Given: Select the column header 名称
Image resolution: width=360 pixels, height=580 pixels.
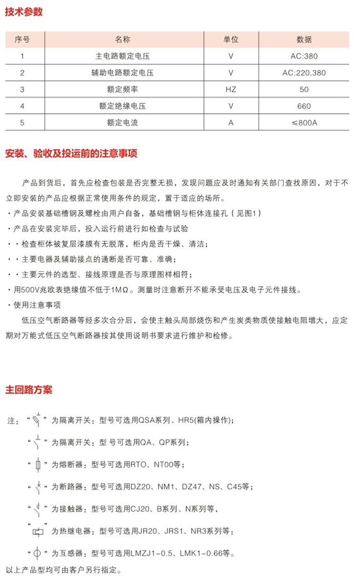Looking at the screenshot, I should pyautogui.click(x=123, y=39).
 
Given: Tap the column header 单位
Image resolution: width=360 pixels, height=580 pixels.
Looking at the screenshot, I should pyautogui.click(x=231, y=39).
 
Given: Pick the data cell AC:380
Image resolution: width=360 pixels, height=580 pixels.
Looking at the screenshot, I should pyautogui.click(x=304, y=56).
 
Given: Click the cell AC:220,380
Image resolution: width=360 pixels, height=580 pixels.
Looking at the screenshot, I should pyautogui.click(x=304, y=73).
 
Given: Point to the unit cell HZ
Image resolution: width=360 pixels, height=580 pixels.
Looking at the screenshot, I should pyautogui.click(x=231, y=89).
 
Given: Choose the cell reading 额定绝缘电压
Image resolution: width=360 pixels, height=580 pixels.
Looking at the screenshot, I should pyautogui.click(x=123, y=106).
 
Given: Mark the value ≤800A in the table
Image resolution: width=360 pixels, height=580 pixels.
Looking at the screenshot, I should pyautogui.click(x=304, y=123).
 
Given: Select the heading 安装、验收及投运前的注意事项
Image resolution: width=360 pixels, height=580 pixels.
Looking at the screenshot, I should pyautogui.click(x=71, y=154).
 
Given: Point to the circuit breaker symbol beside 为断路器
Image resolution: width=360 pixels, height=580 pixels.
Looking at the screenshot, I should pyautogui.click(x=38, y=486).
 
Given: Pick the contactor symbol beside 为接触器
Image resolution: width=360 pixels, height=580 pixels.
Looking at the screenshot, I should pyautogui.click(x=38, y=508).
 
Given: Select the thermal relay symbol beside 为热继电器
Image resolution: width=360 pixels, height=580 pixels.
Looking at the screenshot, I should pyautogui.click(x=38, y=531).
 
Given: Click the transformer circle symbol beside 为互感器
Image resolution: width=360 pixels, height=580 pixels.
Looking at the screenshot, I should pyautogui.click(x=38, y=553).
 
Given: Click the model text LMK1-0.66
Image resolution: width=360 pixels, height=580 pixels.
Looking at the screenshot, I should pyautogui.click(x=196, y=554).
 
